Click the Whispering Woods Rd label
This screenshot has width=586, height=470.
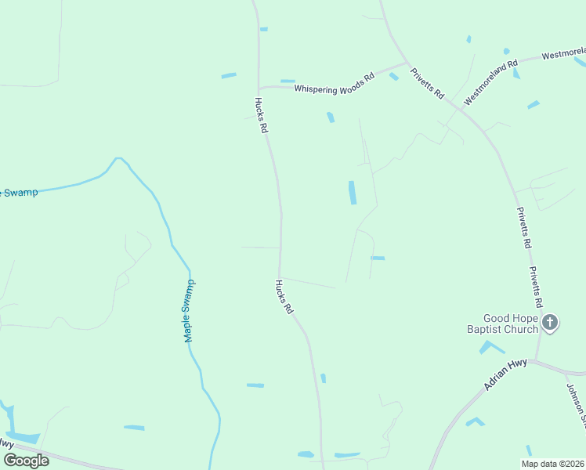tap(333, 88)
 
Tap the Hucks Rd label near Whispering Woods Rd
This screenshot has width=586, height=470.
tap(262, 115)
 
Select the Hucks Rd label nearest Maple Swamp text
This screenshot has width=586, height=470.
tap(284, 298)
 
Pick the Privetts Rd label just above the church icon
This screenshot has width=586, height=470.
tap(536, 287)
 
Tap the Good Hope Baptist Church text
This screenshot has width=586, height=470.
tap(510, 324)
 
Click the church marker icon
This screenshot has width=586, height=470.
tap(551, 322)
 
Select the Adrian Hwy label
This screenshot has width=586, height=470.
tap(505, 375)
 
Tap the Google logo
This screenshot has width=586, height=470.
tap(26, 460)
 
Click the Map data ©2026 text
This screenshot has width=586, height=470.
tap(552, 464)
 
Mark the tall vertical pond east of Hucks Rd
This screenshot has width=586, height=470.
tap(352, 193)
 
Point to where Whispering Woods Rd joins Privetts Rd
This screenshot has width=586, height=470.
tap(406, 63)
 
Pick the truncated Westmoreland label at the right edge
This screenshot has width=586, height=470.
tap(563, 55)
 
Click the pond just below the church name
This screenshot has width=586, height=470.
tap(491, 347)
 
